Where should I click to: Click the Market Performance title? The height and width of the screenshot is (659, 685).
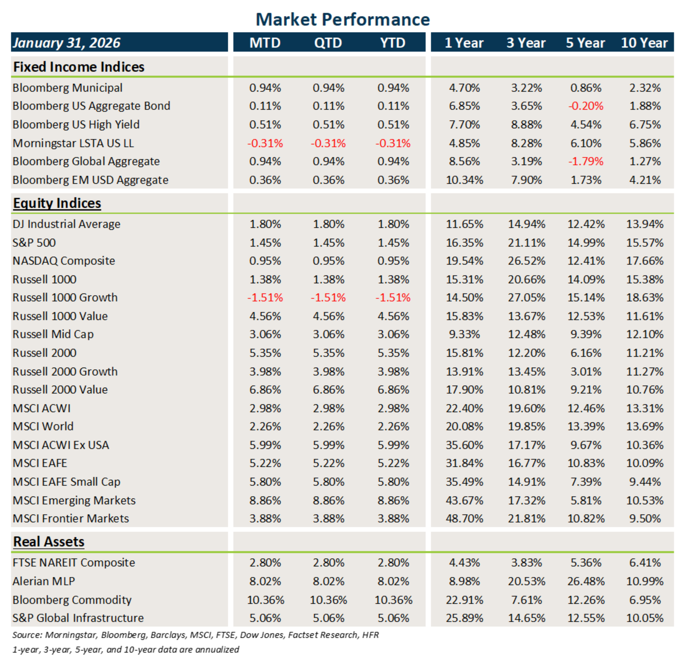point(342,20)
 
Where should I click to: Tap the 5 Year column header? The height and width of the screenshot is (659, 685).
point(585,43)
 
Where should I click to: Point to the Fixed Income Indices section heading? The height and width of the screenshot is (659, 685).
point(79,67)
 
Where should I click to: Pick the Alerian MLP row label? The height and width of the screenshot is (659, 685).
point(44,581)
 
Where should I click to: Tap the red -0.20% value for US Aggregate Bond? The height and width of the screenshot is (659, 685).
point(586,106)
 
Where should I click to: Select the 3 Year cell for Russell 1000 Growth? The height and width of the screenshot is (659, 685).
point(526,298)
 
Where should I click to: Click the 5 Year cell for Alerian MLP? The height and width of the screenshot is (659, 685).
point(586,581)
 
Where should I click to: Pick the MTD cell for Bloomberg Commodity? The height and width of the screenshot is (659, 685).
point(266,600)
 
